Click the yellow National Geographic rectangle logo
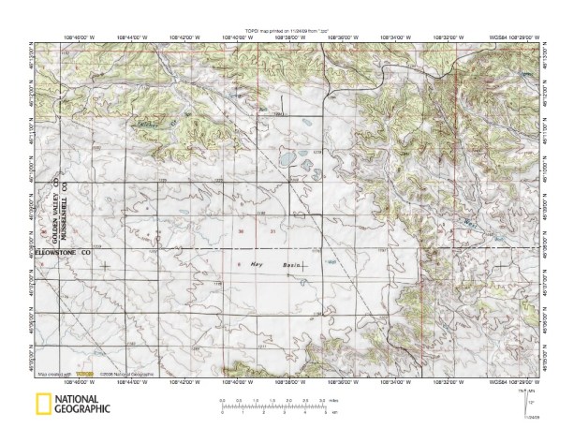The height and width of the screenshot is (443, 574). click(42, 405)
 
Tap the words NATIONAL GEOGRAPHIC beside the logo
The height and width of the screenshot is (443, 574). click(82, 405)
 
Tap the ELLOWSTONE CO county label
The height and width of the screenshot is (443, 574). click(63, 252)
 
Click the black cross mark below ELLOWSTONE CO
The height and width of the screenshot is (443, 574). click(104, 266)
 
